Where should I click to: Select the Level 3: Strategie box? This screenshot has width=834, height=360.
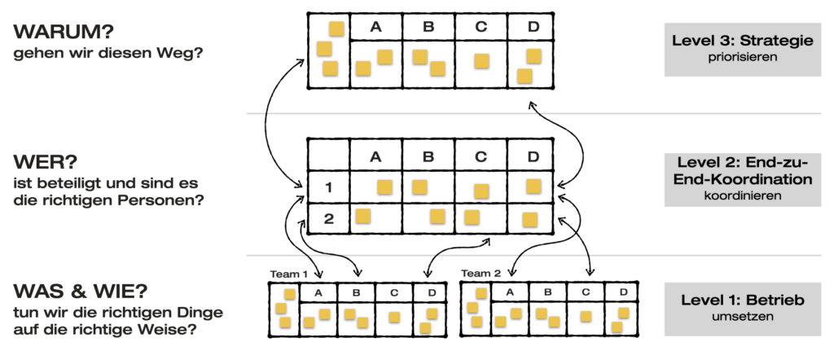(x=742, y=49)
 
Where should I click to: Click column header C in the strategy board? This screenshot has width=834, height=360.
(x=481, y=26)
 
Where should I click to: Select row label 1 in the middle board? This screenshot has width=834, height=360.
(x=328, y=188)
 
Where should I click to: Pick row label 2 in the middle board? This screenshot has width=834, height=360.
(x=328, y=217)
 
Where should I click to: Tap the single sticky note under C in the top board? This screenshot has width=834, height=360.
(x=481, y=62)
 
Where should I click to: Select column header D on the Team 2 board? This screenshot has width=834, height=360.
(x=622, y=292)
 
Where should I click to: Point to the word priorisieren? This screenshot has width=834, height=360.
(x=742, y=59)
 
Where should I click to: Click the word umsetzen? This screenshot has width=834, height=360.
(x=742, y=318)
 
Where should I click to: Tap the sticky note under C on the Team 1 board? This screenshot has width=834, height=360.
(x=393, y=318)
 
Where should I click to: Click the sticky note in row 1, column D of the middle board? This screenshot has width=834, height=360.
(x=533, y=187)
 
